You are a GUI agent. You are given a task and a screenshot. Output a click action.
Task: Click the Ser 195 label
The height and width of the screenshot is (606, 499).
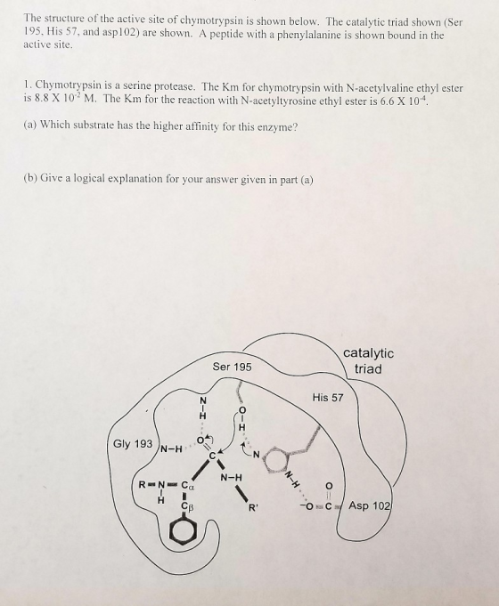[232, 367]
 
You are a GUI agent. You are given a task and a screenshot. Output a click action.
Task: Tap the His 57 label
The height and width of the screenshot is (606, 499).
[328, 397]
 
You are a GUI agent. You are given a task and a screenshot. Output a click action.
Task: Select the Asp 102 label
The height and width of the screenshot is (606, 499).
[371, 505]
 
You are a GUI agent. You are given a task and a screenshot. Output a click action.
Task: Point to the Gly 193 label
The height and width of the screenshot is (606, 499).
[133, 444]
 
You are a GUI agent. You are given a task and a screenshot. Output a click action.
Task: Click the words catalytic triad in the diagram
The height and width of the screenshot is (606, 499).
[368, 360]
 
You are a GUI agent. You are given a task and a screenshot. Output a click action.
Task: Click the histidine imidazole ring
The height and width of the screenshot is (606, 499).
[277, 460]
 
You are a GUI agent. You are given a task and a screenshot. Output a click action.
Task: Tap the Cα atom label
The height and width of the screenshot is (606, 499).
[188, 485]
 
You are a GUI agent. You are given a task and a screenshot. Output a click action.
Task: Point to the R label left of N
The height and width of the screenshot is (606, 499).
[142, 484]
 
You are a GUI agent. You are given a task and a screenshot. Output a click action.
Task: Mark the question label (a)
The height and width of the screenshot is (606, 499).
[30, 125]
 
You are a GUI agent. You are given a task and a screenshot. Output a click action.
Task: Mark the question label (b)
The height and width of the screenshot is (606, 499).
[30, 178]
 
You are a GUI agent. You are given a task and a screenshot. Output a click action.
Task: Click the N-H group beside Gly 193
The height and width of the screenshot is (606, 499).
[171, 449]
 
